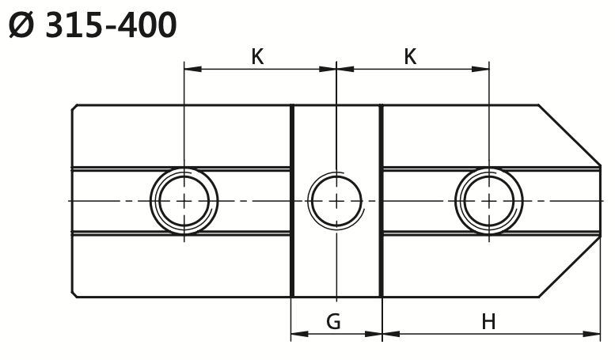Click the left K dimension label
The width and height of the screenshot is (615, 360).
click(x=257, y=57)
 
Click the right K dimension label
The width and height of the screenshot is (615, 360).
click(x=410, y=57)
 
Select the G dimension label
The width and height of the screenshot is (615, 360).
click(x=333, y=321)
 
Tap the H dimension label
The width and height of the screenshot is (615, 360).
click(x=488, y=321)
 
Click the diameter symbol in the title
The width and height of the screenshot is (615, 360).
click(x=21, y=25)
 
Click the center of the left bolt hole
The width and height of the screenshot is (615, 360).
click(x=184, y=201)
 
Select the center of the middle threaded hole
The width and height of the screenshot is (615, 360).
click(x=336, y=201)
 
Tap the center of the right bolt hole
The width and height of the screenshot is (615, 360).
click(x=488, y=201)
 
